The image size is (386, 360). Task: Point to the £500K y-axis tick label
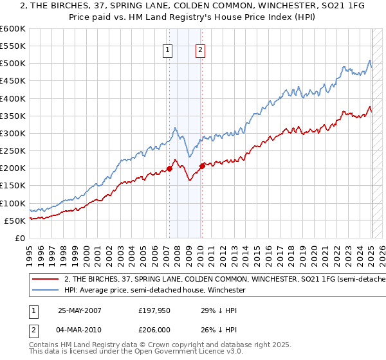click(13, 64)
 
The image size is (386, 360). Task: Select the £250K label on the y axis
click(13, 151)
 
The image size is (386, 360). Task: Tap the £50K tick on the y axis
click(15, 221)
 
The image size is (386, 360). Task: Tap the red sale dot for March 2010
click(201, 166)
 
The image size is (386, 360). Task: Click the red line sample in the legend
click(46, 280)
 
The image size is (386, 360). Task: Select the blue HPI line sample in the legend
click(46, 291)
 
